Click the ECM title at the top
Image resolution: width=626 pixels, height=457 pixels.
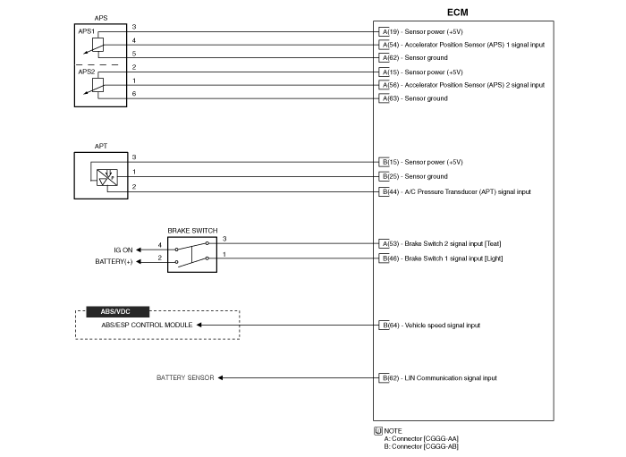(457, 13)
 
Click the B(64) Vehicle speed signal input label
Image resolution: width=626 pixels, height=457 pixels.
(429, 325)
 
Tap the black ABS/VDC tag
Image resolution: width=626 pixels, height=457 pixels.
(114, 311)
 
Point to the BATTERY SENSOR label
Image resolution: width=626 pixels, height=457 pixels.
(185, 377)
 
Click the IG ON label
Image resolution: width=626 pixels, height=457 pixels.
(123, 250)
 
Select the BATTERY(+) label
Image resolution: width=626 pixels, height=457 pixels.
(114, 261)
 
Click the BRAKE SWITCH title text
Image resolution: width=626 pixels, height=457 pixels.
(192, 230)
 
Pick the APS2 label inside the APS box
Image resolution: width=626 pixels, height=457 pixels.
(88, 72)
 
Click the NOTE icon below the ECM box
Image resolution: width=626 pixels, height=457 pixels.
(377, 430)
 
